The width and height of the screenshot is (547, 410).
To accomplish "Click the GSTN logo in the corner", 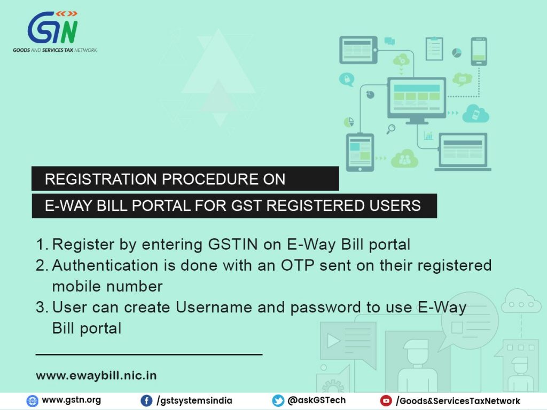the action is point(55,31).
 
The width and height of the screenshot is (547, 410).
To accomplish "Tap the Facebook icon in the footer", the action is point(146,400).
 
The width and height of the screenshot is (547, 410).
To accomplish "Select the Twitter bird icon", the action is point(278,400).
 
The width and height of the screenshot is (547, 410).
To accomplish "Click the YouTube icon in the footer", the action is point(386,400).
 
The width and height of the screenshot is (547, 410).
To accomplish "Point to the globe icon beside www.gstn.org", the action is point(33,400).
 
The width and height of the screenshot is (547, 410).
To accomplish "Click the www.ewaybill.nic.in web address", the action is point(96,375).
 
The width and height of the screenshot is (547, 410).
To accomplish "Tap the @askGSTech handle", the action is point(316,400).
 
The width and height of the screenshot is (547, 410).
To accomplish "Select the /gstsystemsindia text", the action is point(194,400).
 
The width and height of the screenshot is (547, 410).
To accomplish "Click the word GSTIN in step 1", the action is point(233,244).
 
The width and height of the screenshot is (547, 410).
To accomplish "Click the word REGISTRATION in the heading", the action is point(100,179).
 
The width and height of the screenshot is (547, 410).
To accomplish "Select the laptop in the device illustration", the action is point(463,152).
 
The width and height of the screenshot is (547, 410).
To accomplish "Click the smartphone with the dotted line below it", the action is point(479,51).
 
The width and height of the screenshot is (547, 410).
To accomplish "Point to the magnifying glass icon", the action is point(390,129).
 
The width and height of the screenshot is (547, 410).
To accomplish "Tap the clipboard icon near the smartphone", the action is point(434,49).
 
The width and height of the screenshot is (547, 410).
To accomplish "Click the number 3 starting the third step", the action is point(41,307).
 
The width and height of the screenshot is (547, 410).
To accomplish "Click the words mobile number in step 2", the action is point(107,286).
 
